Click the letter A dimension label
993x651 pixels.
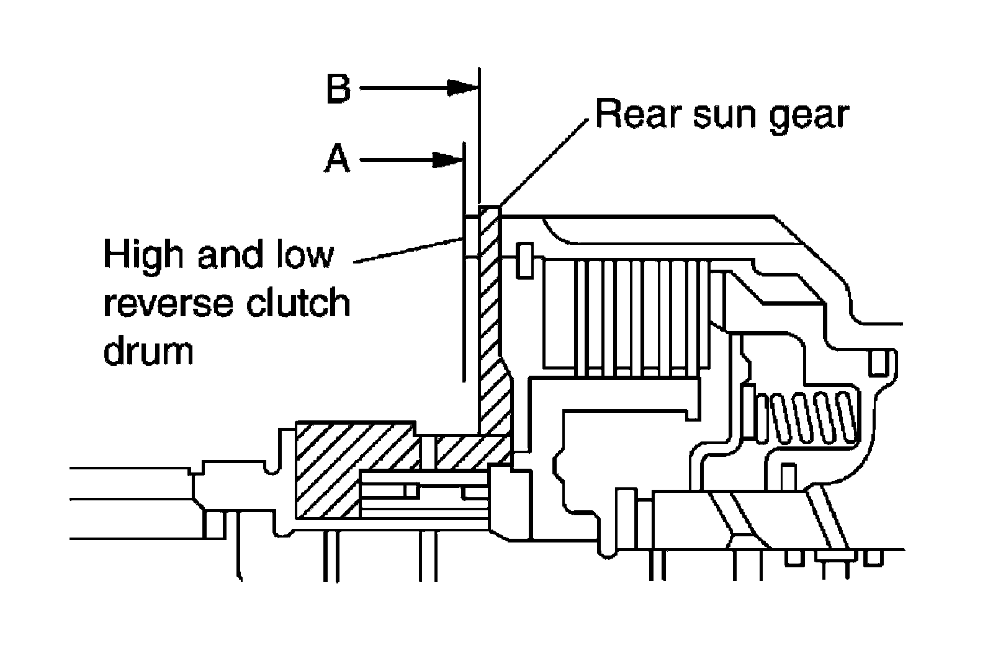(338, 160)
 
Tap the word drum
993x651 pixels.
(149, 351)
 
